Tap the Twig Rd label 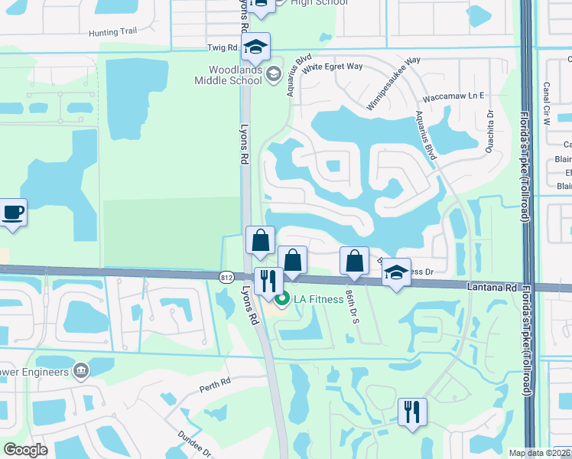(x=223, y=47)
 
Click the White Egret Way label (x=332, y=67)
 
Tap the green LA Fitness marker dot (x=281, y=299)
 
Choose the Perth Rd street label (x=215, y=382)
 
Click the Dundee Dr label (x=196, y=442)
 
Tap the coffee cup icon (x=13, y=212)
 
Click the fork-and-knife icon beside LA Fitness (x=268, y=281)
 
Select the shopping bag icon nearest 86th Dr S (x=354, y=261)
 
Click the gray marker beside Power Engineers (x=80, y=371)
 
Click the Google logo (x=25, y=450)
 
